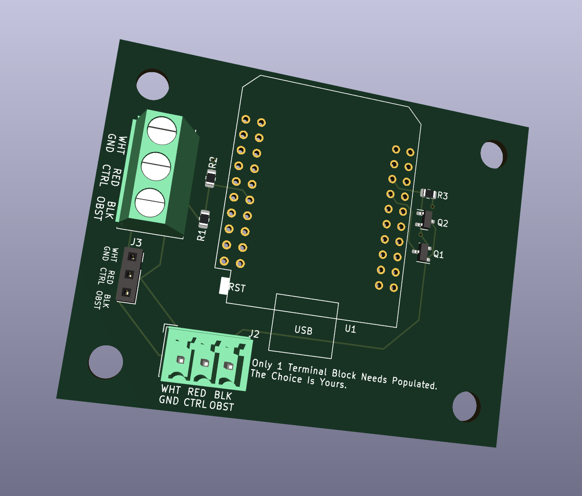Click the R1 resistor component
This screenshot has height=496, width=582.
point(204,219)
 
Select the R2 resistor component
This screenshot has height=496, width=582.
point(211,178)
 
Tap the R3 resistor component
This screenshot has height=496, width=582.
point(428,194)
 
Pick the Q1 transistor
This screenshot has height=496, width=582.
point(422,253)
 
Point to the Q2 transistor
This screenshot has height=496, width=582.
point(425,219)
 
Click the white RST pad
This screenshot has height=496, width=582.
point(224,286)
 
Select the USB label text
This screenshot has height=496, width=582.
point(303,330)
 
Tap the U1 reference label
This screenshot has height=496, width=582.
point(350,329)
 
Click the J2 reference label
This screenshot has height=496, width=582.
point(253,334)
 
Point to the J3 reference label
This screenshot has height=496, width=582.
point(136,242)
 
